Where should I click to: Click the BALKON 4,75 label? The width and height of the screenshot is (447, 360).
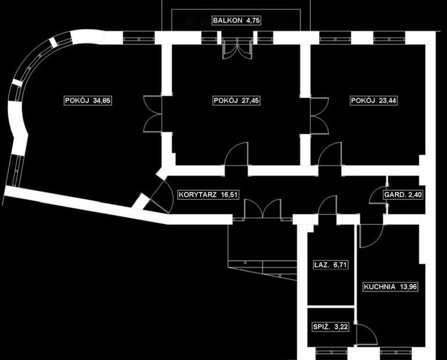[x=235, y=20]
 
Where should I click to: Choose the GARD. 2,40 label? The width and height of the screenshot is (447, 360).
[x=402, y=195]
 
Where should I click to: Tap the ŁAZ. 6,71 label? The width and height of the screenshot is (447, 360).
[x=330, y=265]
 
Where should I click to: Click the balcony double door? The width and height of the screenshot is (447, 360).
[x=235, y=49]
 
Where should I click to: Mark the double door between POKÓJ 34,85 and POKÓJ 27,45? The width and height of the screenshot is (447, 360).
[x=152, y=114]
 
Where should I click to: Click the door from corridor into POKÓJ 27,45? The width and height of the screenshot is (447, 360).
[x=237, y=155]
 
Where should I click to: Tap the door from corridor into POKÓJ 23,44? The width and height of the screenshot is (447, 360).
[x=330, y=155]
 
